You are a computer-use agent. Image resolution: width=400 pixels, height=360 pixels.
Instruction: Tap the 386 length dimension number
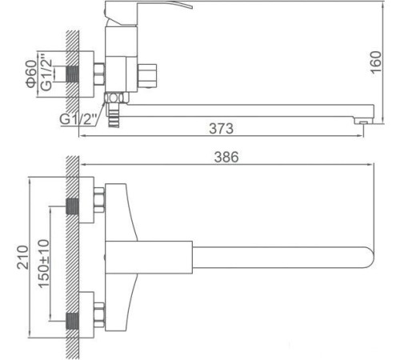(230, 158)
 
